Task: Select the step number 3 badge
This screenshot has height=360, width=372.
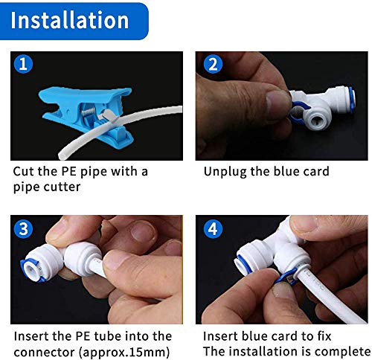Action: pyautogui.click(x=25, y=228)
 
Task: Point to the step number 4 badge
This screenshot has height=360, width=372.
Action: pyautogui.click(x=213, y=228)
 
